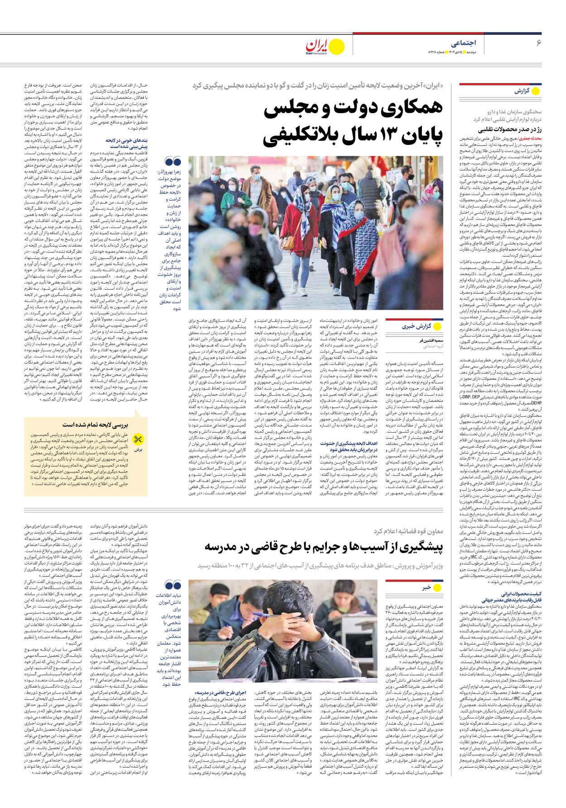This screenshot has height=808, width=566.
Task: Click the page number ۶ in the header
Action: pyautogui.click(x=538, y=43)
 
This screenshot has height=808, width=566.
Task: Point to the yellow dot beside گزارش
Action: pyautogui.click(x=536, y=91)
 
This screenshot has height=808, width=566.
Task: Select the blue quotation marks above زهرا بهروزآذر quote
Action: pyautogui.click(x=173, y=162)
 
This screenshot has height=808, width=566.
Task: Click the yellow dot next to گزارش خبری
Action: pyautogui.click(x=437, y=326)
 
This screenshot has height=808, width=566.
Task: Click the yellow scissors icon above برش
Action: pyautogui.click(x=138, y=439)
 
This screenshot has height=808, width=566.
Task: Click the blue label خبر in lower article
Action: pyautogui.click(x=426, y=588)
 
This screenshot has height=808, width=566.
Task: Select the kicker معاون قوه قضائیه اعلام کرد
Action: pyautogui.click(x=408, y=531)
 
